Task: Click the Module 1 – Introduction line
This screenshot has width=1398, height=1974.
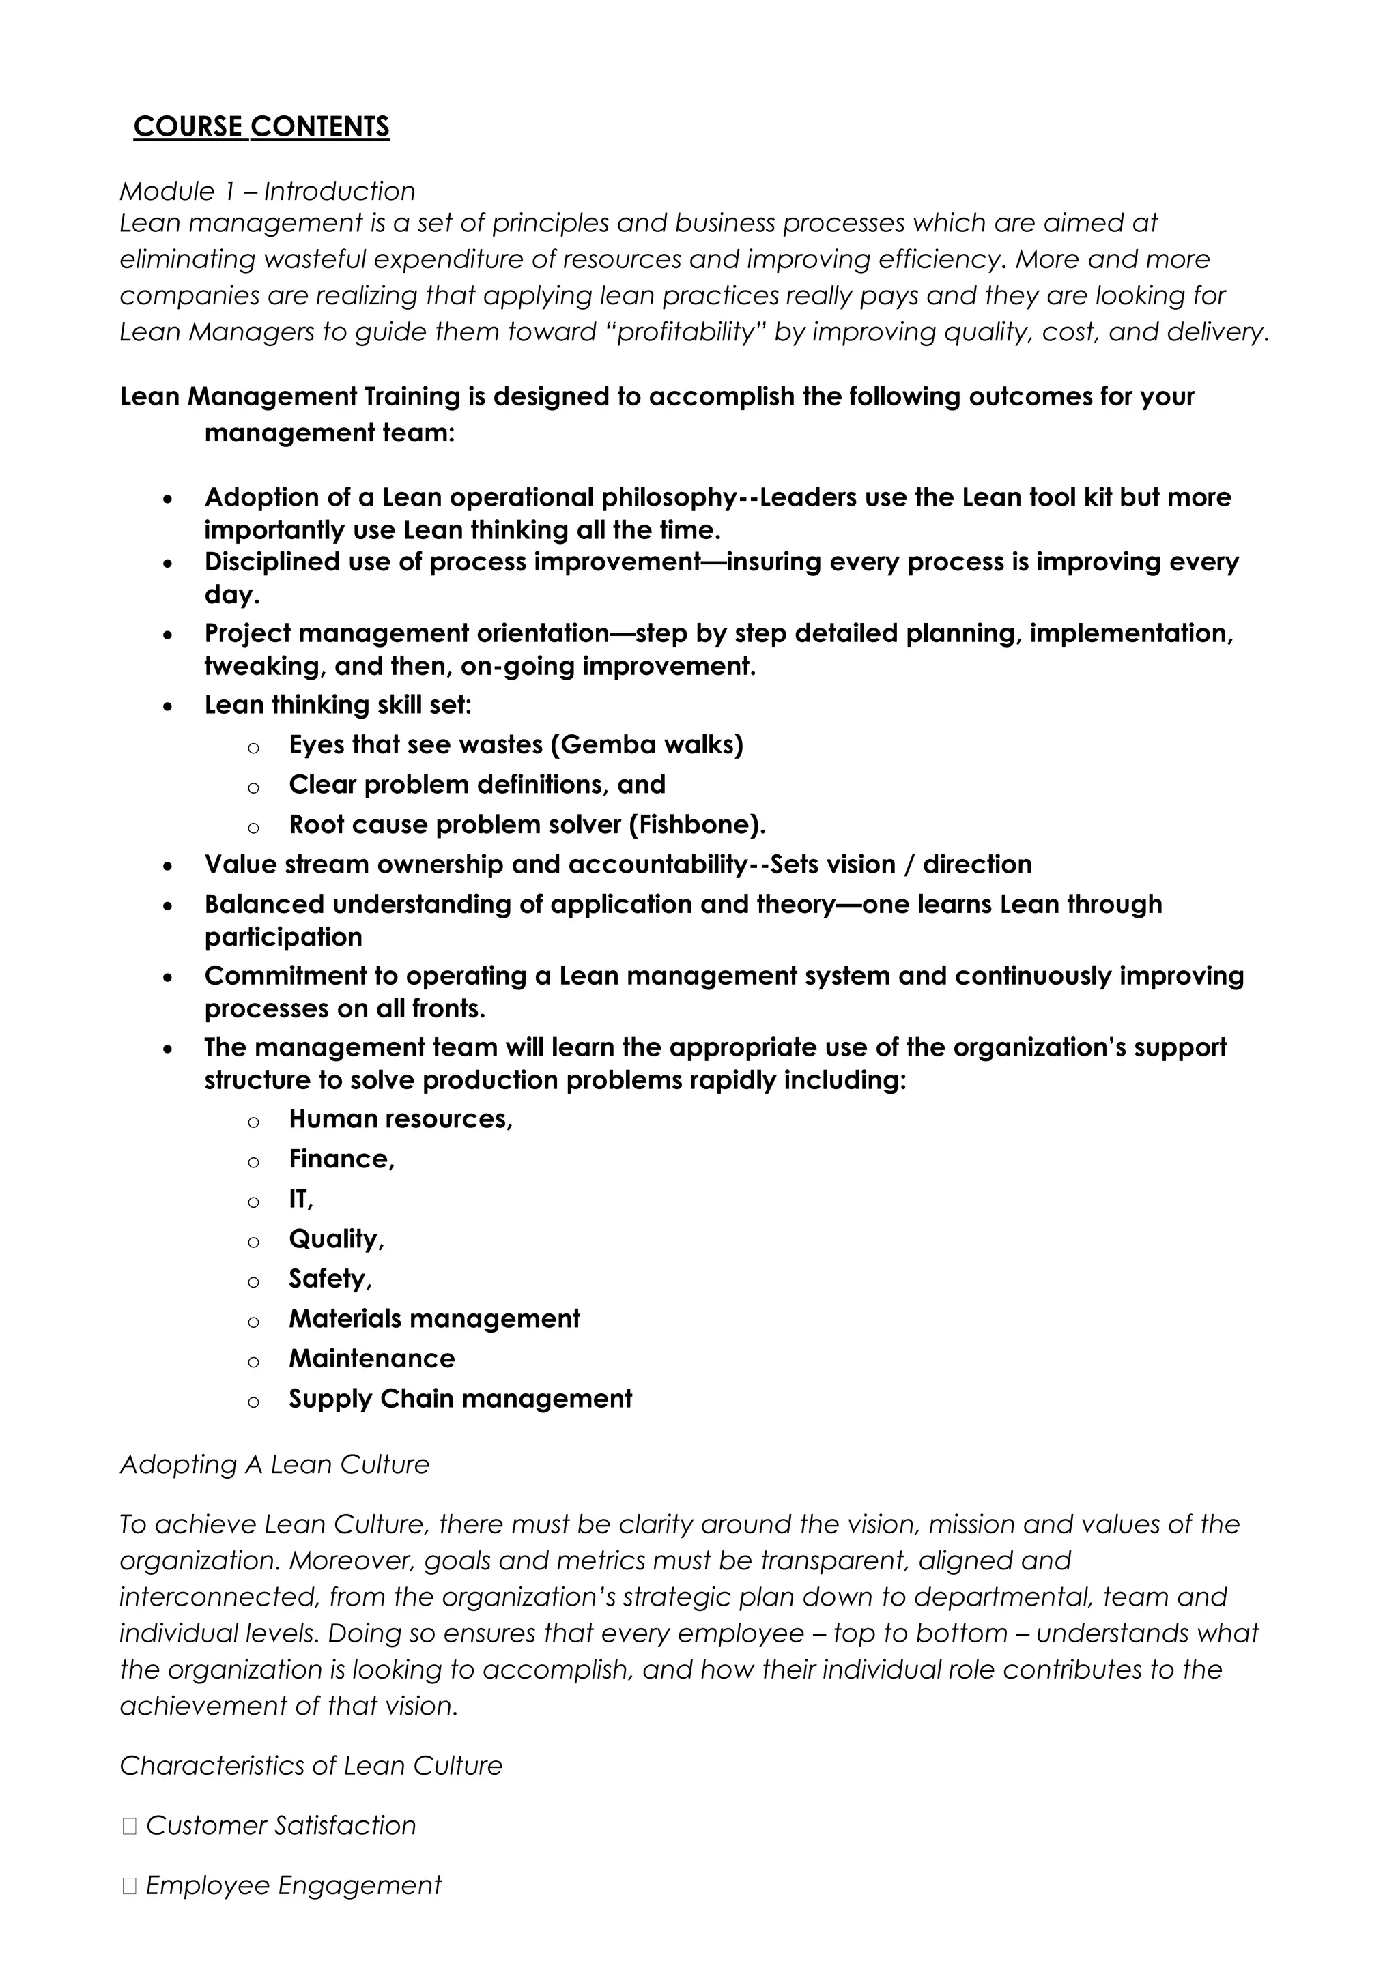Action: pyautogui.click(x=267, y=191)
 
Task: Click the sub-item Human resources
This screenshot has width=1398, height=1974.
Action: pyautogui.click(x=399, y=1118)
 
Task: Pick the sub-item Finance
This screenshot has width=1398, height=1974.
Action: pyautogui.click(x=341, y=1159)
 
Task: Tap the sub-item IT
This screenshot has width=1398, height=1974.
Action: pyautogui.click(x=300, y=1199)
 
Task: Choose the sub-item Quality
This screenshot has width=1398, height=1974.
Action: pyautogui.click(x=336, y=1239)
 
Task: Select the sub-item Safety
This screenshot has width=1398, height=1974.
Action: pyautogui.click(x=330, y=1279)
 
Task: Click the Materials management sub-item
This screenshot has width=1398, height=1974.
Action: pyautogui.click(x=434, y=1318)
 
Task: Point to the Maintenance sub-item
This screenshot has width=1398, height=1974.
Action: pyautogui.click(x=372, y=1359)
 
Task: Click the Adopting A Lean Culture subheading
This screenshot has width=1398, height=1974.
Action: pyautogui.click(x=274, y=1464)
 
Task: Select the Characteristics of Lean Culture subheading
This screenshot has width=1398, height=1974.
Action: pyautogui.click(x=311, y=1766)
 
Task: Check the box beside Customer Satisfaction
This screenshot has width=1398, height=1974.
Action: pyautogui.click(x=129, y=1826)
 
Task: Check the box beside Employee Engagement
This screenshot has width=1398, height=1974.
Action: pyautogui.click(x=129, y=1886)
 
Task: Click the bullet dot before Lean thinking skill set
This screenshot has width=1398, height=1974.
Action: pyautogui.click(x=168, y=706)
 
